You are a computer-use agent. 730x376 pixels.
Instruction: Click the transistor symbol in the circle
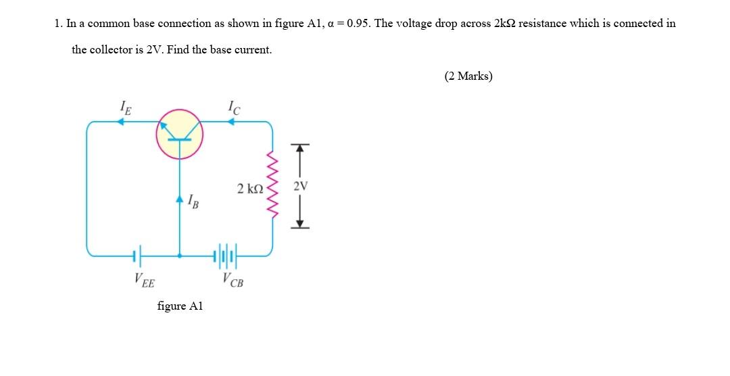(179, 134)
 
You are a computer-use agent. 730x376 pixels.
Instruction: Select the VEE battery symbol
(137, 256)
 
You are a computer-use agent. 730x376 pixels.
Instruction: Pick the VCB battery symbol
(225, 256)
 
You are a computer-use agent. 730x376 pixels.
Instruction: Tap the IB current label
(193, 201)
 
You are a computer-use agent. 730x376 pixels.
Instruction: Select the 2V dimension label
(301, 186)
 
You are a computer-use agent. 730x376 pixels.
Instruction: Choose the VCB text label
(232, 279)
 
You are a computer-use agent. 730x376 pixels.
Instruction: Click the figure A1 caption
(180, 306)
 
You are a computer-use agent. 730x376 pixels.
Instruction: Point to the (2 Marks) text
(468, 76)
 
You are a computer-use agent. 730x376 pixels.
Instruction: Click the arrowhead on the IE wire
(122, 122)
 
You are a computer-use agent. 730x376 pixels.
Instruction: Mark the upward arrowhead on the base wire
(179, 199)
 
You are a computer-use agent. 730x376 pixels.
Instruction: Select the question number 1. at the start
(59, 23)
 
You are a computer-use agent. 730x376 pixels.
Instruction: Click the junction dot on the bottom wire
(179, 256)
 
